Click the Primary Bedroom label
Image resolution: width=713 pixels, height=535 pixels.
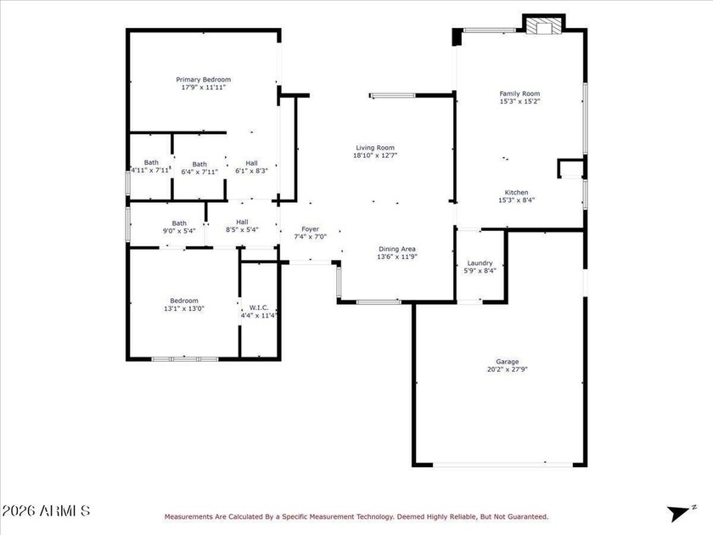click(203, 80)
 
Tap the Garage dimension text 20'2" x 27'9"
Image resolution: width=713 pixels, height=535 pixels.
click(507, 369)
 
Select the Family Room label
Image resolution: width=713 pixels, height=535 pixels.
click(519, 93)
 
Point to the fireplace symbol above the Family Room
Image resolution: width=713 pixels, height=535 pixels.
click(544, 25)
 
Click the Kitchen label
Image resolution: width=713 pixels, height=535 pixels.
click(517, 193)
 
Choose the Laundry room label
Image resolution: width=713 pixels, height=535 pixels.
click(480, 263)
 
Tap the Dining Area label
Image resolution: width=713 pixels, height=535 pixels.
click(397, 249)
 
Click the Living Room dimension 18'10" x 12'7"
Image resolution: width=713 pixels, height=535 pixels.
click(375, 155)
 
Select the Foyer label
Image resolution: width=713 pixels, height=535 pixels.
click(310, 229)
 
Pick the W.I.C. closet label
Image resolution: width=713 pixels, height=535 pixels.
click(259, 308)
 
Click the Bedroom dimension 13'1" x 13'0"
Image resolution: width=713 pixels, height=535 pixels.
click(184, 308)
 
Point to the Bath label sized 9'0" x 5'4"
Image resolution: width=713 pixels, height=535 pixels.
click(179, 223)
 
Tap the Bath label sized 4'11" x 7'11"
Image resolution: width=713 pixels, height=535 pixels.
click(151, 162)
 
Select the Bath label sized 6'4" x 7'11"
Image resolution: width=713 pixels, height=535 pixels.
click(199, 164)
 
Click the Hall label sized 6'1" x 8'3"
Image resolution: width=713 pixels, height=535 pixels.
click(251, 163)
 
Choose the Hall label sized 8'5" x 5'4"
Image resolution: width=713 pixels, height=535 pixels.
click(242, 222)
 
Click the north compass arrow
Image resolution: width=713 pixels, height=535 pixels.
click(678, 513)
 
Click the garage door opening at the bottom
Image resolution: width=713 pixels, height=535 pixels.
click(502, 465)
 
